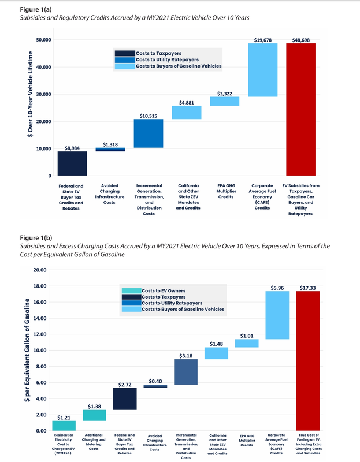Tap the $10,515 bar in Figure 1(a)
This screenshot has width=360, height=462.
(149, 133)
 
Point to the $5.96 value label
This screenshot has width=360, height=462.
(277, 287)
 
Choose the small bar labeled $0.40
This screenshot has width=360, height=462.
(155, 386)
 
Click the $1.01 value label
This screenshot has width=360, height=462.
(247, 335)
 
